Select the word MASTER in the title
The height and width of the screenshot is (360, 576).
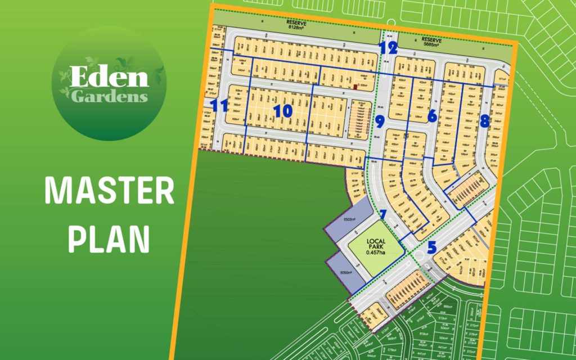[x=109, y=192]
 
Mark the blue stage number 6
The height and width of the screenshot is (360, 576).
[x=432, y=116]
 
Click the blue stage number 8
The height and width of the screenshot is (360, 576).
[x=484, y=121]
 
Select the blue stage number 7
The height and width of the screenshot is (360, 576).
[x=383, y=215]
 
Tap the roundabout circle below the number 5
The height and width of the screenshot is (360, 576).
[x=420, y=258]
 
